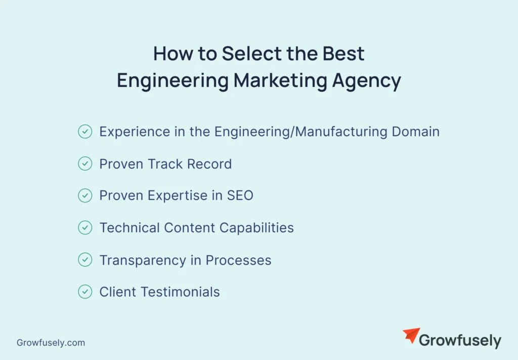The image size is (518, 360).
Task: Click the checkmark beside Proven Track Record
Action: [x=85, y=164]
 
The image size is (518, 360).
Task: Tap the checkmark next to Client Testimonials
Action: [x=85, y=292]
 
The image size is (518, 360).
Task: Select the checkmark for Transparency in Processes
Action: [x=85, y=260]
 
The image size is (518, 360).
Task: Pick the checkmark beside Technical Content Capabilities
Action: [x=85, y=228]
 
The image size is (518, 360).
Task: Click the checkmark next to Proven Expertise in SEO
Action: [x=85, y=195]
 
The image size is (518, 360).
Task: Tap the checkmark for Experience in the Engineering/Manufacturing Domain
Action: [x=85, y=132]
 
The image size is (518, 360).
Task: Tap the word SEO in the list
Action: [x=239, y=195]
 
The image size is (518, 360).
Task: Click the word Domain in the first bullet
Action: [x=415, y=132]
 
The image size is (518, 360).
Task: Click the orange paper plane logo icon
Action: [x=411, y=336]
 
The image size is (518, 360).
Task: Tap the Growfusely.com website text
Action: [x=51, y=343]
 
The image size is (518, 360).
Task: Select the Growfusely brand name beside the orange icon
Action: [x=460, y=341]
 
